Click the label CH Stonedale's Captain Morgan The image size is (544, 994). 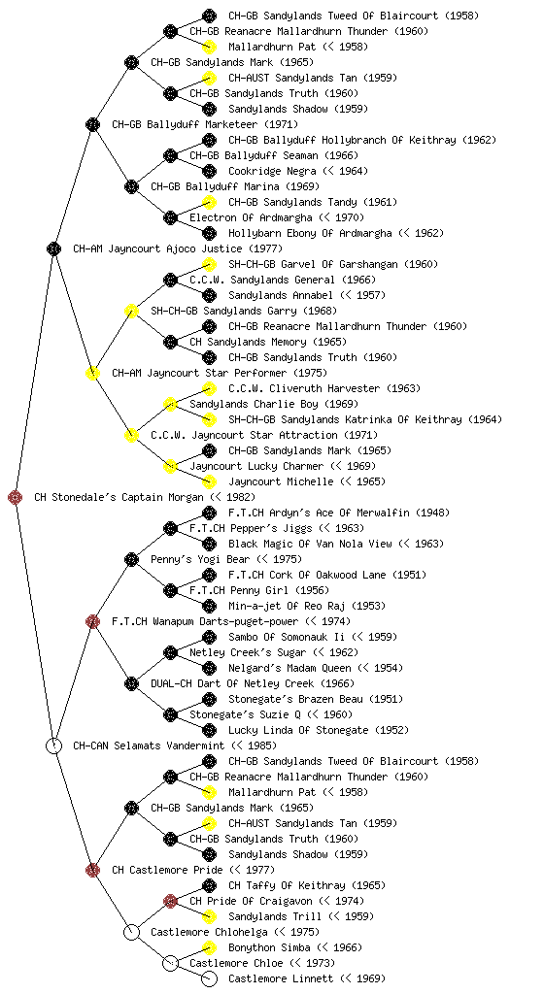119,498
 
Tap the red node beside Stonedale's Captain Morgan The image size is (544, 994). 16,498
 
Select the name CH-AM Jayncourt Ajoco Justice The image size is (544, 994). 158,249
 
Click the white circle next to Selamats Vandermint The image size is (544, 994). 54,745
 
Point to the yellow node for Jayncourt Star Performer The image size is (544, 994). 92,374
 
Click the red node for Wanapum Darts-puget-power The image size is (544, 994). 92,621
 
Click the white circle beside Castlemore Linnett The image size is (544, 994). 209,978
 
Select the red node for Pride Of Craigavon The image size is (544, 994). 170,901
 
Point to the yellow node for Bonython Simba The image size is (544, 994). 209,947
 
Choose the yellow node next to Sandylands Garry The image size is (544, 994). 131,312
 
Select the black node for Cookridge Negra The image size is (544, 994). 209,171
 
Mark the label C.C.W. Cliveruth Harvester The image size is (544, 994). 304,388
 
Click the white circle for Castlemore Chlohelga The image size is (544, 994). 131,932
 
